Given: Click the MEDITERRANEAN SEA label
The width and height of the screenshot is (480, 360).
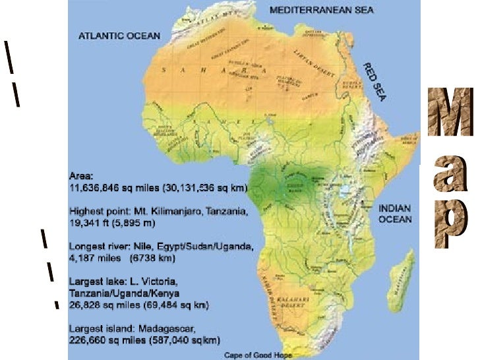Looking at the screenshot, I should coord(322,10).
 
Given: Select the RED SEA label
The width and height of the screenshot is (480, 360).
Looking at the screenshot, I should coord(374,82).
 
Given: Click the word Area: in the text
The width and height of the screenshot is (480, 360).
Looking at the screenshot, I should coord(82,177).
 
